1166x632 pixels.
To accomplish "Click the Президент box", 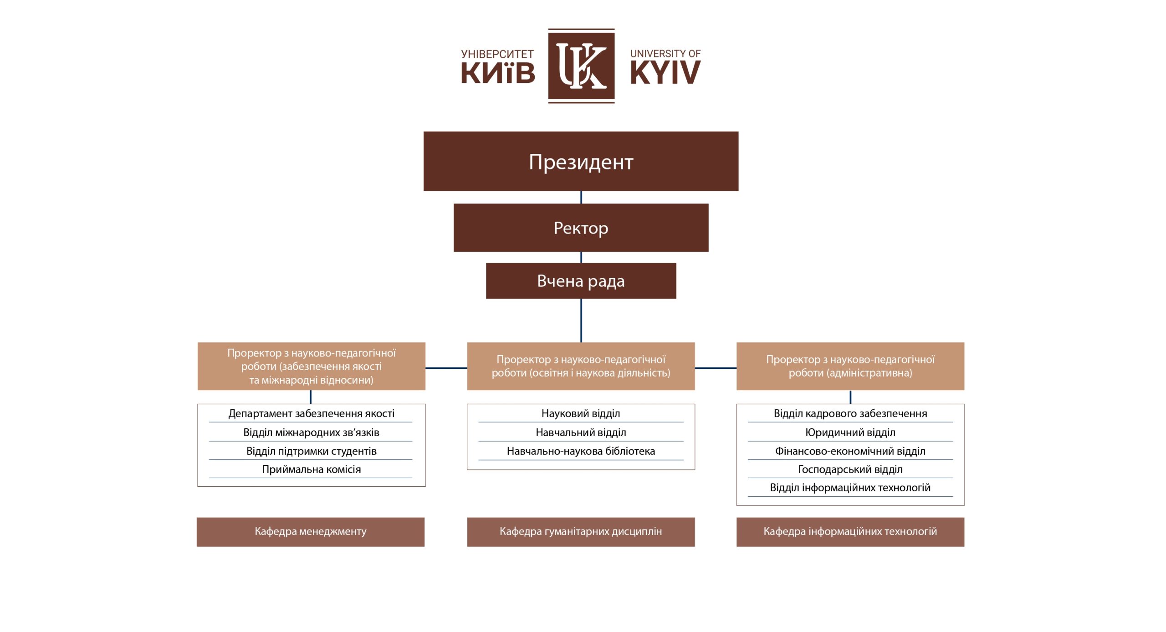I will [x=581, y=161].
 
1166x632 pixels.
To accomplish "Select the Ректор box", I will [x=581, y=228].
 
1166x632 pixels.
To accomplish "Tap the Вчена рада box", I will [x=581, y=280].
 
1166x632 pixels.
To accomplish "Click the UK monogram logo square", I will [x=581, y=66].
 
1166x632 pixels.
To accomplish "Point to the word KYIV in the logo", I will [x=665, y=73].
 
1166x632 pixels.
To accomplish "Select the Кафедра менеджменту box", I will [x=311, y=531].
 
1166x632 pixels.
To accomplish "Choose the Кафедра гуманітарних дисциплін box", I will [x=581, y=531].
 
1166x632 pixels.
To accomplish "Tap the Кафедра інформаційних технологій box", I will [x=850, y=531].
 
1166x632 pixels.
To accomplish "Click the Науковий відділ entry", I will [x=581, y=413].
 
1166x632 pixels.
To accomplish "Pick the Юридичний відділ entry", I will [x=850, y=432].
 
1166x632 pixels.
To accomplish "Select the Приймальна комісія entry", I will [x=311, y=469].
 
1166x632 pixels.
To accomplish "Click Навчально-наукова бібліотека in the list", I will [x=581, y=451].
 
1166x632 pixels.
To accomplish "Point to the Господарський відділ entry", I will [x=850, y=469].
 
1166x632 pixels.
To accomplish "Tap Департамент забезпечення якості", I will [x=311, y=413].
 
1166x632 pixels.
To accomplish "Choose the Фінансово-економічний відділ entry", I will [x=850, y=451].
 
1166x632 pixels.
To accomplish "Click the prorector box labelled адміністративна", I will [x=850, y=366].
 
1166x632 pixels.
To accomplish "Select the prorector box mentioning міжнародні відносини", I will [x=311, y=366].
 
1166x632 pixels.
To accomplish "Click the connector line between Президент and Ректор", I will [x=581, y=197].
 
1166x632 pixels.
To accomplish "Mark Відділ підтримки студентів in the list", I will [x=311, y=451].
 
